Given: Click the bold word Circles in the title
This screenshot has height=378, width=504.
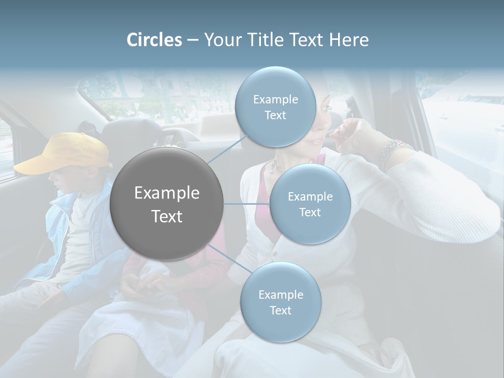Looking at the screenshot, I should coord(154,40).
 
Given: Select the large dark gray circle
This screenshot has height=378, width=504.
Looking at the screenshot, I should coord(167,204).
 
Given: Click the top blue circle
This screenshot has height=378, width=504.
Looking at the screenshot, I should coord(275,107).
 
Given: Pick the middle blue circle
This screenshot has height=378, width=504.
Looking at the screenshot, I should coord(310,204).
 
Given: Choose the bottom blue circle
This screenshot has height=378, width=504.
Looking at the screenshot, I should coord(280,302).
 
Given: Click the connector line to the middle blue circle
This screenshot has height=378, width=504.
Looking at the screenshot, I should coord(246,204).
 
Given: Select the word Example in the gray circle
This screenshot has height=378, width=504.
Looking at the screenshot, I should coord(167,193).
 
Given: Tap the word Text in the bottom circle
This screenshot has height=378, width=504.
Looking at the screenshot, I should coord(280,311).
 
